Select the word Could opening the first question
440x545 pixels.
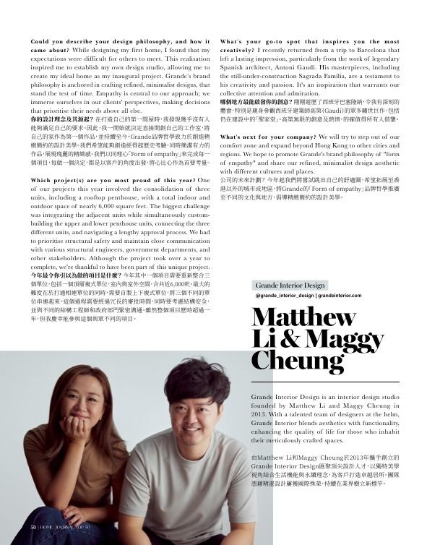40,42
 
